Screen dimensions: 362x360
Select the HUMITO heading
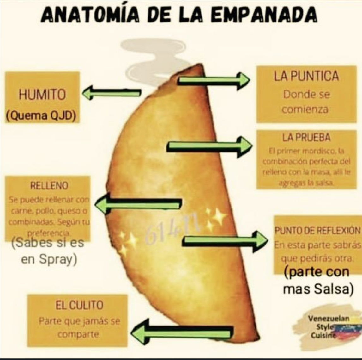[42, 95]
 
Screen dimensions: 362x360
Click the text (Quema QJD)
[41, 116]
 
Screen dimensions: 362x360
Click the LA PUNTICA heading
[306, 76]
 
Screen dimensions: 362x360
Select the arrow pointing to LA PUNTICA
[214, 80]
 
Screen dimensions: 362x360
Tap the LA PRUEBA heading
[306, 137]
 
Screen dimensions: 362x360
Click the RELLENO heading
[49, 186]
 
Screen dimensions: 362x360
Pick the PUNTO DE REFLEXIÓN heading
[317, 230]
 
